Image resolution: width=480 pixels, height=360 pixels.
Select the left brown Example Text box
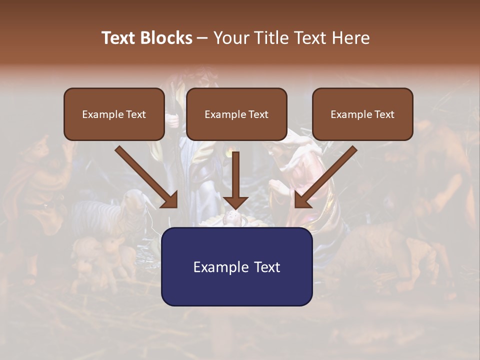coord(114,114)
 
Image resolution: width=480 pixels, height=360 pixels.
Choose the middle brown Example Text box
coord(236,114)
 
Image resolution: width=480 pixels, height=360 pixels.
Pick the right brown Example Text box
coord(362,114)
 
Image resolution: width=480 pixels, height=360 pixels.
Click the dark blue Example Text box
coord(236,266)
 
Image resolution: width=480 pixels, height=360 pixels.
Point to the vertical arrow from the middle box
coord(235,175)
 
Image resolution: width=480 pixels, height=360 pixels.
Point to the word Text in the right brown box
coord(383,114)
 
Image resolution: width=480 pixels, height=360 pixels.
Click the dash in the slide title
coord(202,38)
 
